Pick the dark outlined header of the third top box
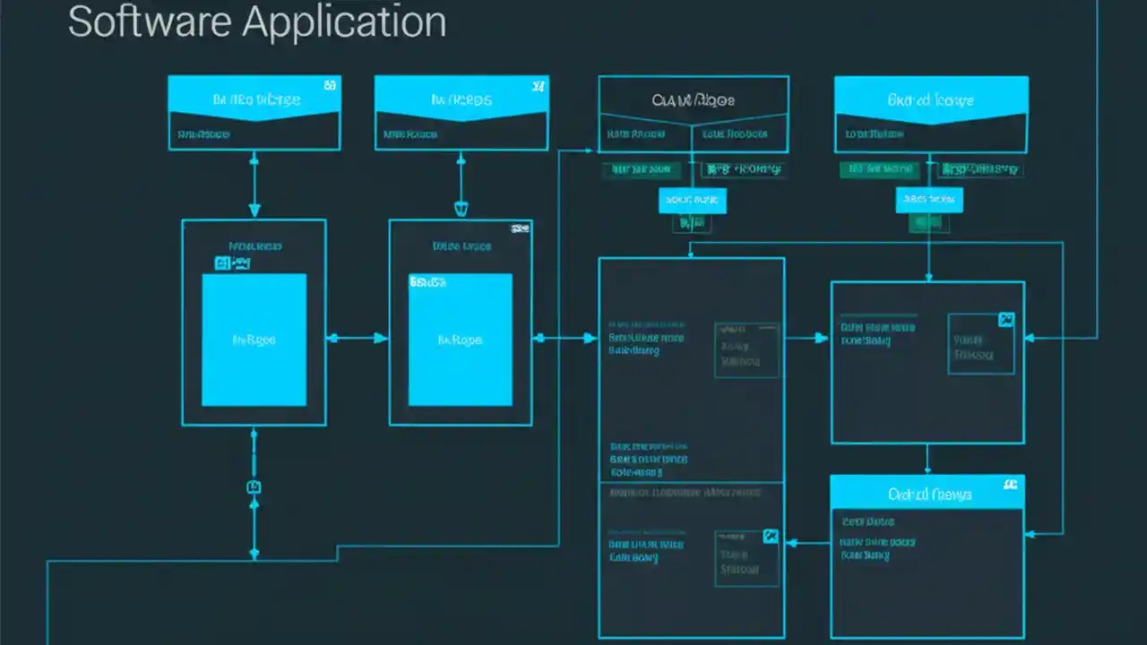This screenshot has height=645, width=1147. (x=694, y=99)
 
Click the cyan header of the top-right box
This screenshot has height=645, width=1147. (x=931, y=99)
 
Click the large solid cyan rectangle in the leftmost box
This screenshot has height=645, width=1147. (x=254, y=340)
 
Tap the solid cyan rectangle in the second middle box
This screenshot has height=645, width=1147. (x=461, y=340)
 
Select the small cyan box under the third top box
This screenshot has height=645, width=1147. (x=692, y=201)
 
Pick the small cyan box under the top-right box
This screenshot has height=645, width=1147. (x=929, y=201)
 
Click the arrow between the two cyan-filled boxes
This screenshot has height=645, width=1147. (x=357, y=338)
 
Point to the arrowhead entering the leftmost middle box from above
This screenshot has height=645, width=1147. (x=254, y=211)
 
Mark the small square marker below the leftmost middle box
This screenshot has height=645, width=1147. (x=254, y=486)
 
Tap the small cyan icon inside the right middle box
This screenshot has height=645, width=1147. (x=1005, y=320)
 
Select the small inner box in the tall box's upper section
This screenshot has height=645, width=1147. (x=746, y=350)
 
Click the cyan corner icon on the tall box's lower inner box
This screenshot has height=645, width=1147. (x=770, y=537)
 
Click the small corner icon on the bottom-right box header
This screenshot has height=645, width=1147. (x=1011, y=485)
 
